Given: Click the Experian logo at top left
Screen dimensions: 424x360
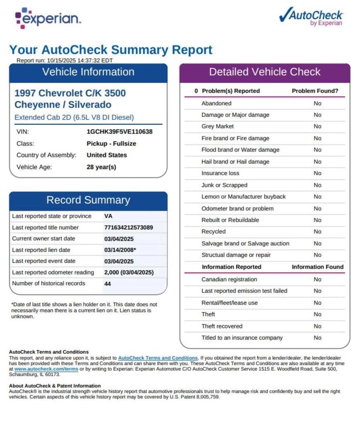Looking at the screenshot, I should coord(48,18).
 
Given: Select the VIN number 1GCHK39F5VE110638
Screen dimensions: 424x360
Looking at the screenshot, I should coord(120,132).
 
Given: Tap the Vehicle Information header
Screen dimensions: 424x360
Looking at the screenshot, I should coord(88,73).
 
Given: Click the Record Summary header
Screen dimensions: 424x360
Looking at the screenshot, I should coord(88,200).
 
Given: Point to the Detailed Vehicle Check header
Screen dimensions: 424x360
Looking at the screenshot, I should coord(264,72).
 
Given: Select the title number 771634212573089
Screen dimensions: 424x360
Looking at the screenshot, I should coord(129,227).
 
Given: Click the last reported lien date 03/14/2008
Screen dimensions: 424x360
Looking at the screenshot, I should coord(120,250).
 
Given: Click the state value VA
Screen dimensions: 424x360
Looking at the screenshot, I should coord(108,216).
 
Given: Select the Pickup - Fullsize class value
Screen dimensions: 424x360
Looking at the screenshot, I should coord(111,144).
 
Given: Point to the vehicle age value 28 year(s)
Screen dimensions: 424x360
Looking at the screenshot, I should coord(101,167).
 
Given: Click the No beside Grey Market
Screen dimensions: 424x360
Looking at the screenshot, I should coord(317,127).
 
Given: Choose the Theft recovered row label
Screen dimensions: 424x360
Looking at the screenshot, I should coord(222,326).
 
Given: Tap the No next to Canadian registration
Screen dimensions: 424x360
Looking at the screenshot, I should coord(317,280).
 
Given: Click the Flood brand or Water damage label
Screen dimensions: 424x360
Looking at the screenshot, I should coord(240,150).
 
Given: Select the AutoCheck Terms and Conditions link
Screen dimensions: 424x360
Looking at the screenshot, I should coord(158,357).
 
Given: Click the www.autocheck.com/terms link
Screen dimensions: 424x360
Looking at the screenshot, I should coord(46,369).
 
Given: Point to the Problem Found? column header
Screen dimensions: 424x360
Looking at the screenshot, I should coord(315,91).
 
